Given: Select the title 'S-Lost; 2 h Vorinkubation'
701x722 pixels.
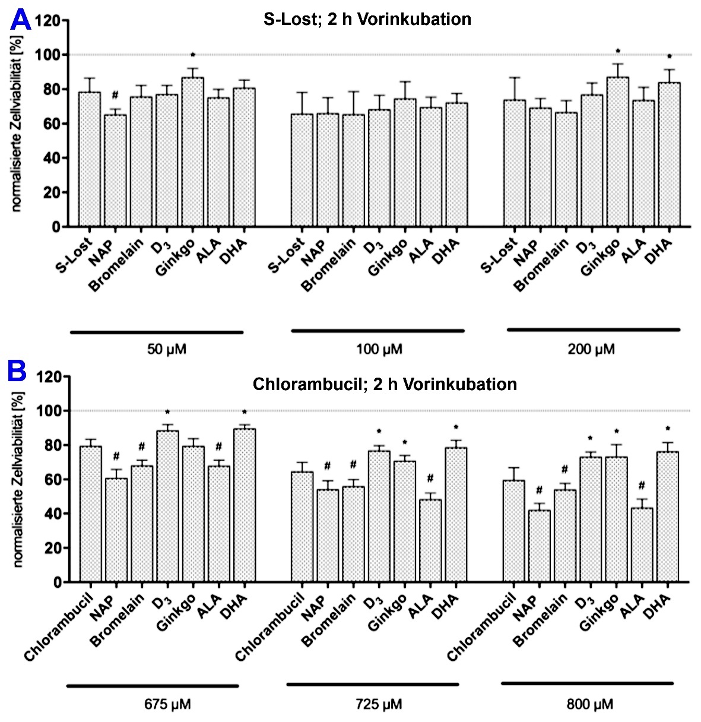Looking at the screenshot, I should pyautogui.click(x=367, y=19).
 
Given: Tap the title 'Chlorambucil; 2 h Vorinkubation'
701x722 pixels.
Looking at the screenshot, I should pyautogui.click(x=385, y=384).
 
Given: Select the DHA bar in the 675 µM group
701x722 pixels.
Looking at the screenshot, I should pyautogui.click(x=244, y=505).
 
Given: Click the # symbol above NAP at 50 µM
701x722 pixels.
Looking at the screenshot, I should pyautogui.click(x=115, y=95).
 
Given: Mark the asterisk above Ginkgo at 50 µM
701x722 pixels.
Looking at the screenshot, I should pyautogui.click(x=193, y=55).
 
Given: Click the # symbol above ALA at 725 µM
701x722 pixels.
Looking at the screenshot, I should pyautogui.click(x=430, y=478).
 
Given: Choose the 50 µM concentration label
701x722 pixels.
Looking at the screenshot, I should pyautogui.click(x=167, y=349).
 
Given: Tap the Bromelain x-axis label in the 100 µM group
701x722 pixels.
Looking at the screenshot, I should pyautogui.click(x=329, y=265).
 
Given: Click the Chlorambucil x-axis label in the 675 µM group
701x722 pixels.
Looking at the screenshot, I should pyautogui.click(x=59, y=626).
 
